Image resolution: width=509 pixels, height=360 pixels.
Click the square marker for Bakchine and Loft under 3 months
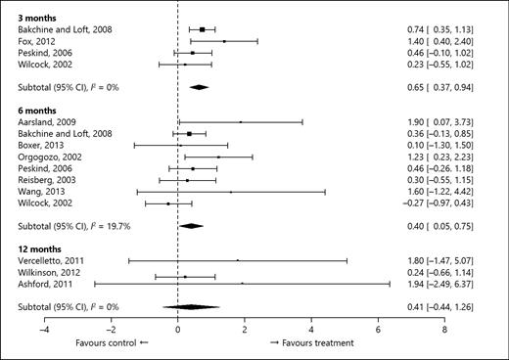[202, 30]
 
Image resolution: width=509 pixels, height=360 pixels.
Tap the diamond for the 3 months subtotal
[199, 87]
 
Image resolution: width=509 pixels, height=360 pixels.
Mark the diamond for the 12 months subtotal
[191, 306]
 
